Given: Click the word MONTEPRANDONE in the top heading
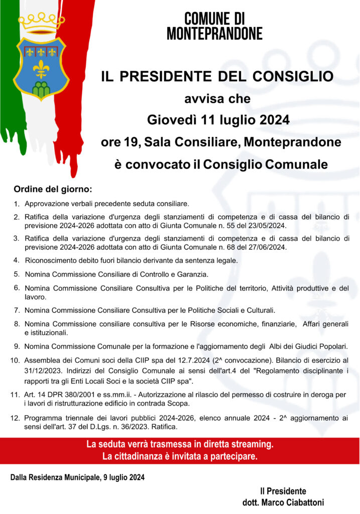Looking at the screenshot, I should click(214, 34).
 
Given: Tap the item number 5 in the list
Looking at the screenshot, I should click(17, 274).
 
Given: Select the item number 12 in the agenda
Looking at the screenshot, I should click(15, 418).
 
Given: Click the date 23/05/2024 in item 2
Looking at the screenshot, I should click(267, 226).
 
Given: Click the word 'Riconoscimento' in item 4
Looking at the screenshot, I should click(50, 261).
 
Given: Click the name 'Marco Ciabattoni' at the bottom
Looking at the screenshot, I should click(293, 502).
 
